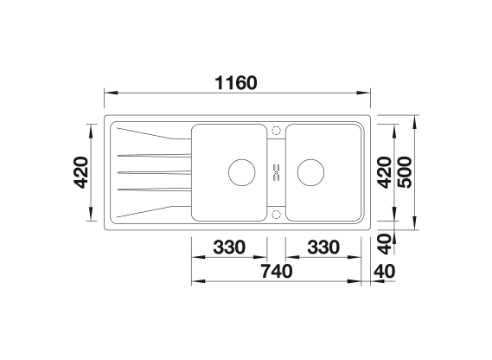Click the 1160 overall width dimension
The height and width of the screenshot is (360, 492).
point(236,83)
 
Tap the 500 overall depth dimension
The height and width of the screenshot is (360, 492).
point(405,172)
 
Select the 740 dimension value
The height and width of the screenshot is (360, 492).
point(277,272)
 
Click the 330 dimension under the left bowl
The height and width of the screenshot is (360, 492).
point(229,247)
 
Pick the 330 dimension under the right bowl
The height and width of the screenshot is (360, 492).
point(323,247)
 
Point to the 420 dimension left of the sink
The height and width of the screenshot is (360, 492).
point(80,172)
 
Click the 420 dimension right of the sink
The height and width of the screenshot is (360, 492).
point(385,172)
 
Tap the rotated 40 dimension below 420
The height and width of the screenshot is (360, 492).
point(385,244)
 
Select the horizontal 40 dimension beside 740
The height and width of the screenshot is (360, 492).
point(385,272)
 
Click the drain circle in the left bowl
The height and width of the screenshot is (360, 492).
point(241,159)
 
